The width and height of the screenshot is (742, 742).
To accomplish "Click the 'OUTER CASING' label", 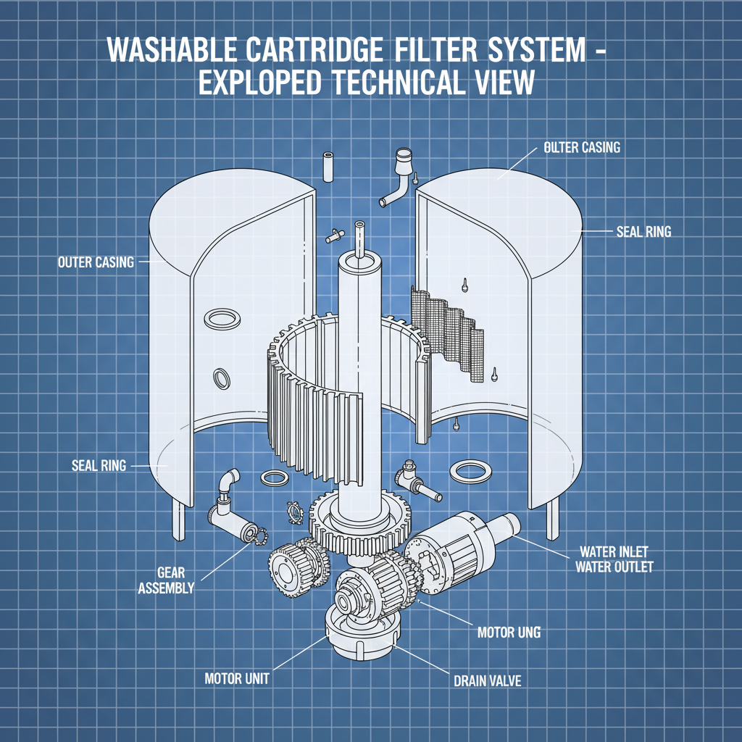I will pyautogui.click(x=96, y=262).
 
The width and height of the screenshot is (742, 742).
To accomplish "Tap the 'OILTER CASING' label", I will pyautogui.click(x=581, y=148).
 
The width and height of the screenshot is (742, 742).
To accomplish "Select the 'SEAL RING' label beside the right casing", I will pyautogui.click(x=643, y=232).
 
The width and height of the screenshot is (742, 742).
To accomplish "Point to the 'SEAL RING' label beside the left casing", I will pyautogui.click(x=99, y=465).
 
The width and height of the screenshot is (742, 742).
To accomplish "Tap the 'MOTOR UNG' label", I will pyautogui.click(x=509, y=633).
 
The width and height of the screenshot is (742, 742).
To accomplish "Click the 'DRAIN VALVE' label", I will pyautogui.click(x=487, y=682).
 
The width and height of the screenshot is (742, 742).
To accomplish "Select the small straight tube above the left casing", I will pyautogui.click(x=328, y=167).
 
